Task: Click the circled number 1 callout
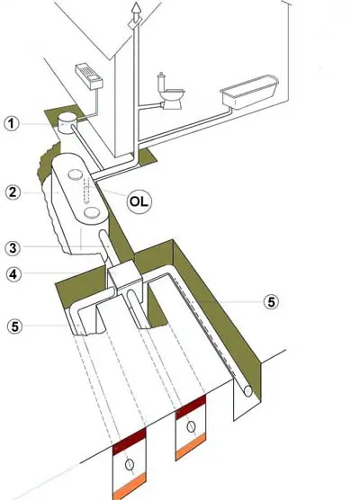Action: [12, 123]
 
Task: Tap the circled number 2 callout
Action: [13, 192]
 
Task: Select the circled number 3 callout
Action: [13, 248]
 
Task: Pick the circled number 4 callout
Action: [13, 274]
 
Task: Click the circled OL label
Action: [139, 201]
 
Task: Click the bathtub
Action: [249, 92]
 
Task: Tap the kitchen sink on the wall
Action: [89, 76]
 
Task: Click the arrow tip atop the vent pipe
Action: [136, 4]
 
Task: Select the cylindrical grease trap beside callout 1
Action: [67, 123]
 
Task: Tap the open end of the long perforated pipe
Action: [247, 391]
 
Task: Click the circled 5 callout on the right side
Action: [271, 301]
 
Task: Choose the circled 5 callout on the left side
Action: [15, 326]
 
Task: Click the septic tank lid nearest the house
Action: [76, 174]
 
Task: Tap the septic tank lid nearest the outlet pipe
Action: [92, 211]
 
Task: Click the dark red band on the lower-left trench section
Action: [130, 441]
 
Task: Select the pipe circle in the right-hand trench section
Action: [191, 426]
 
